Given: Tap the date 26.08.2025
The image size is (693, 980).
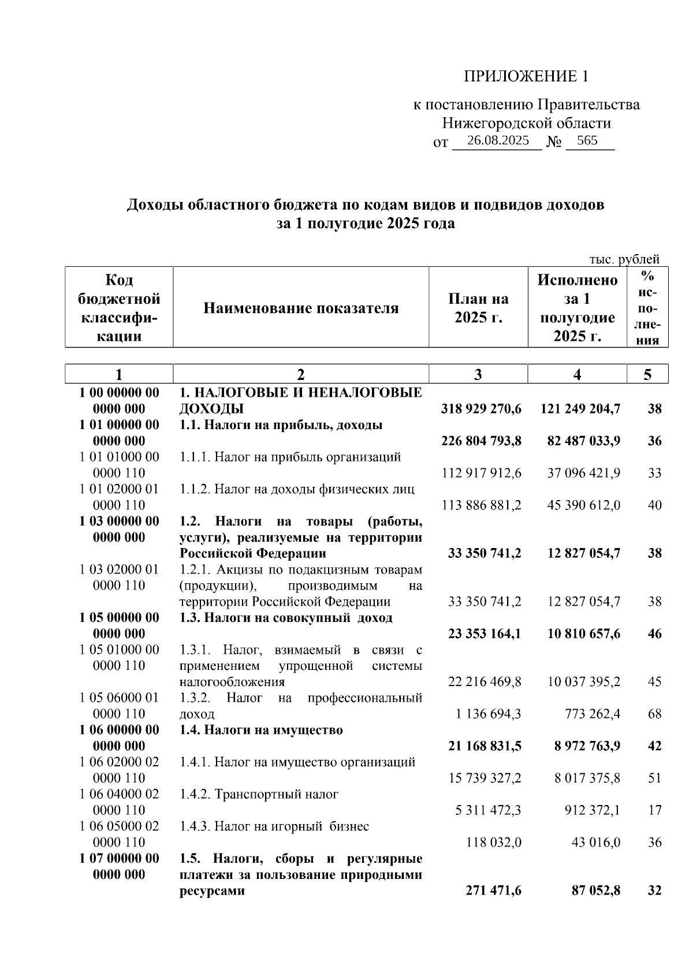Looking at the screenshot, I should pyautogui.click(x=498, y=140).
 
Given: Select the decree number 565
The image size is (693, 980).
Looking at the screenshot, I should pyautogui.click(x=587, y=140).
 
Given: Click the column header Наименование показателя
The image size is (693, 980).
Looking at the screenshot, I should pyautogui.click(x=301, y=308).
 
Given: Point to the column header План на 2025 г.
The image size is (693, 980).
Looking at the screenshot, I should pyautogui.click(x=478, y=308).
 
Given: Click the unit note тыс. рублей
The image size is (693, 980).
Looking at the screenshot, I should pyautogui.click(x=624, y=259).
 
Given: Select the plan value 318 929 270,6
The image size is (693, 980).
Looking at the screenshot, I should pyautogui.click(x=481, y=409).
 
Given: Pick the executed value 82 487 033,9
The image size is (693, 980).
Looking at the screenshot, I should pyautogui.click(x=584, y=441).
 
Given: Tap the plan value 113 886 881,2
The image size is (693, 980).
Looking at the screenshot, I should pyautogui.click(x=481, y=505).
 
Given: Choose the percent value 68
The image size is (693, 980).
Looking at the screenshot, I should pyautogui.click(x=654, y=714).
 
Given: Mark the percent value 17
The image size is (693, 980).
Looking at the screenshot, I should pyautogui.click(x=654, y=810).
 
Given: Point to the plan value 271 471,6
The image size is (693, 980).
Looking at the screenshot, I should pyautogui.click(x=493, y=890).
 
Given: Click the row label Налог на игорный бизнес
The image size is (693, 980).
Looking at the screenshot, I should pyautogui.click(x=274, y=826).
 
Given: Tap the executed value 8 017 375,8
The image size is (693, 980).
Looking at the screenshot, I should pyautogui.click(x=587, y=778).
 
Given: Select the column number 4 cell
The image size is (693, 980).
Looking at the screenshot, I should pyautogui.click(x=577, y=374).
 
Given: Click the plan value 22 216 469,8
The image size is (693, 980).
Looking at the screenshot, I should pyautogui.click(x=485, y=681).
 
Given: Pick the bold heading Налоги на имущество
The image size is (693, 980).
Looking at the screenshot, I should pyautogui.click(x=261, y=730).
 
